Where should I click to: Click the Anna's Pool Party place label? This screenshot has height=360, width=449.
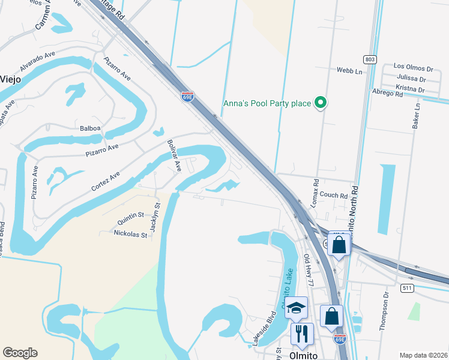tap(267, 103)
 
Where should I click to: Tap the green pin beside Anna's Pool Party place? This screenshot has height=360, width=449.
tap(321, 103)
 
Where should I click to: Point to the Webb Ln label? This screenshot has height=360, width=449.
tap(350, 71)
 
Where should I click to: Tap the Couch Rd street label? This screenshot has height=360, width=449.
tap(334, 195)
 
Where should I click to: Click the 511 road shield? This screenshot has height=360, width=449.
tap(408, 288)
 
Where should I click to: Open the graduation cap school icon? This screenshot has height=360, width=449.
tap(296, 308)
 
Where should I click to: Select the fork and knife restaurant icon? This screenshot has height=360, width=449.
tap(302, 334)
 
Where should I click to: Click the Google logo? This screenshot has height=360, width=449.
tap(20, 353)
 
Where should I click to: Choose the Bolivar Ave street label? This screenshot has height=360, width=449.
tap(174, 156)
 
